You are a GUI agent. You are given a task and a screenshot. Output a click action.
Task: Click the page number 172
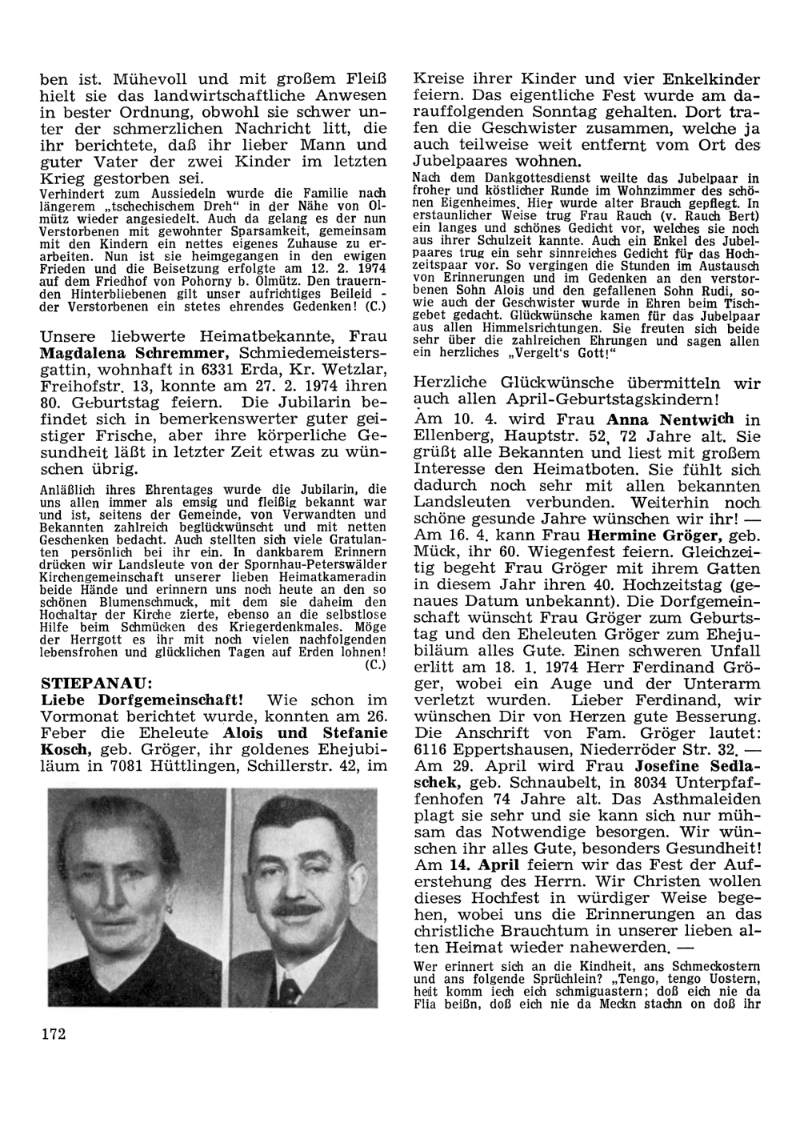point(52,1034)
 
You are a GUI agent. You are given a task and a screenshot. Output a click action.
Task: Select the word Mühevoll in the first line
point(145,79)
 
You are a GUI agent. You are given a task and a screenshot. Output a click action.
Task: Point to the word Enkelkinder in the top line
point(711,79)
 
